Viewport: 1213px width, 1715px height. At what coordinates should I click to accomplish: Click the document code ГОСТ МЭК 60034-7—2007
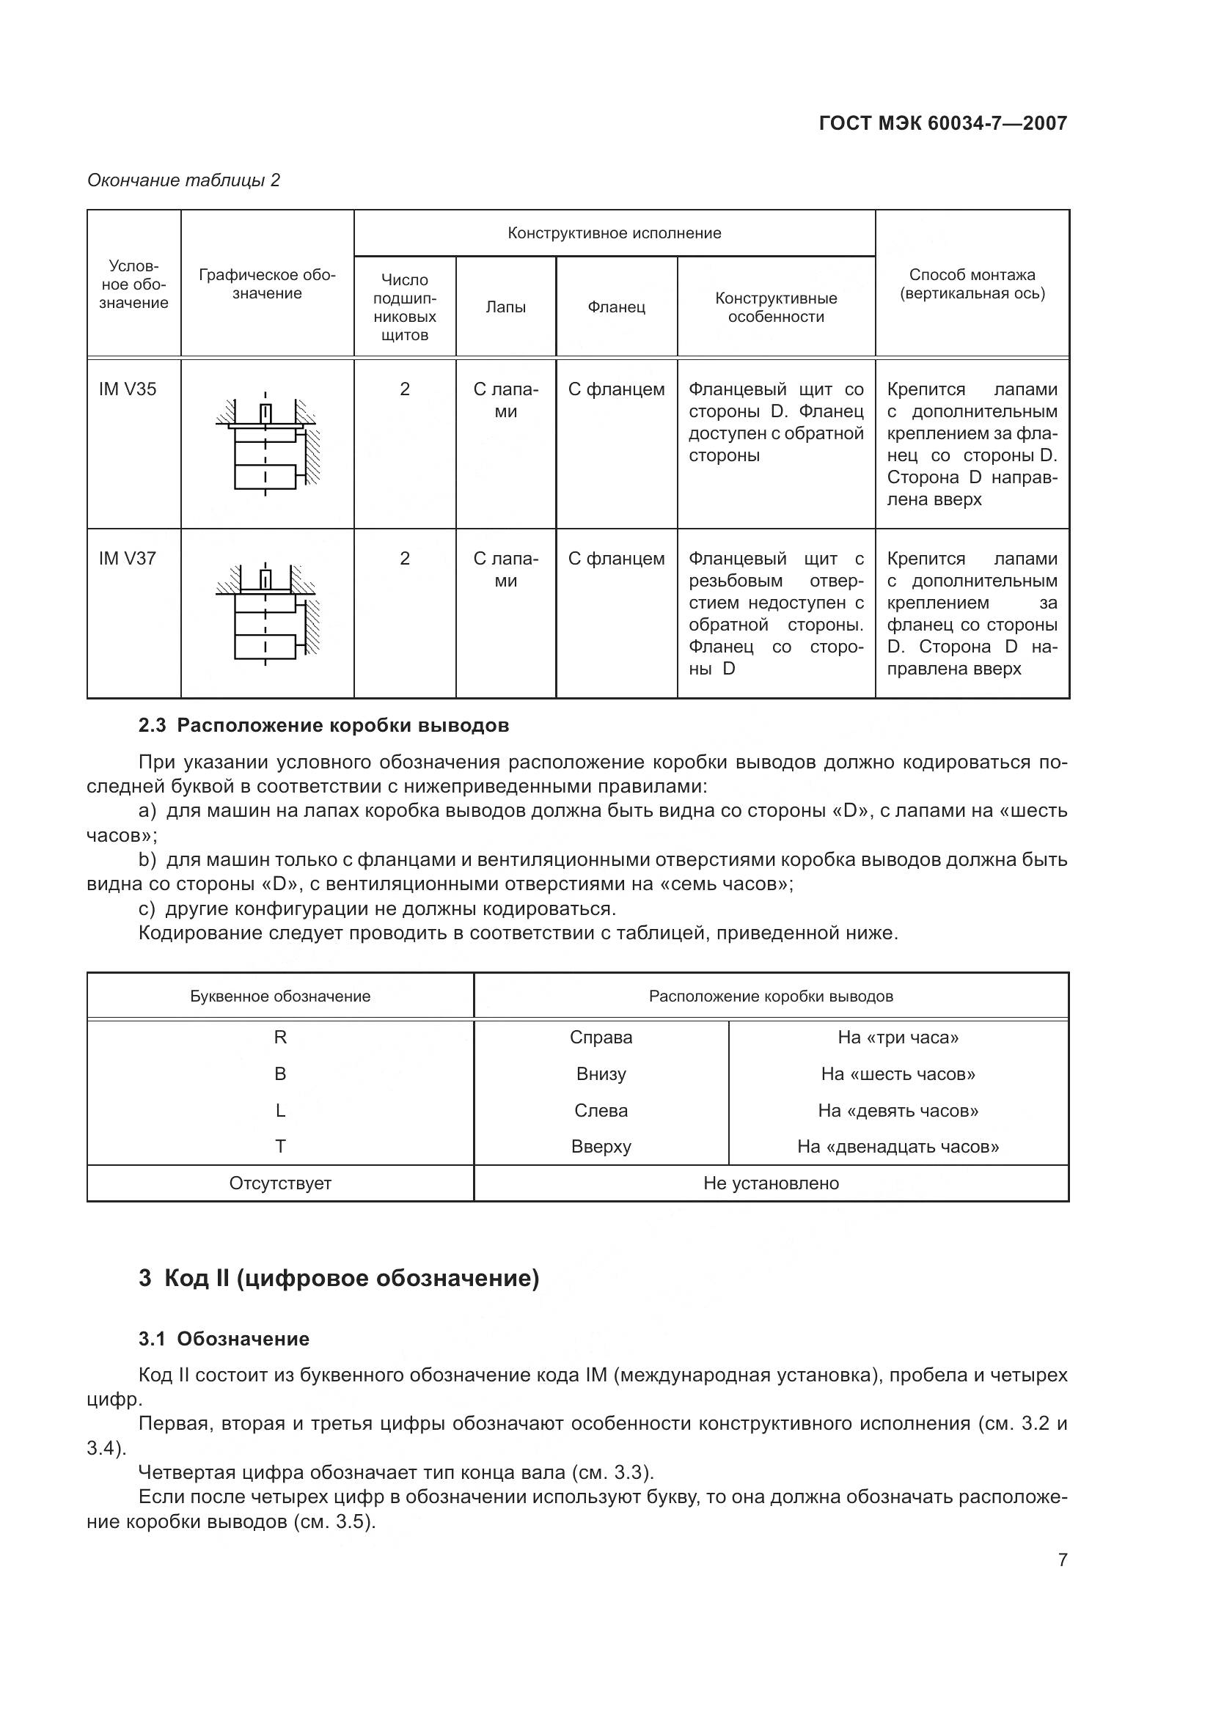coord(942,123)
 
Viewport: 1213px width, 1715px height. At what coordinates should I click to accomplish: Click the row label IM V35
coord(128,389)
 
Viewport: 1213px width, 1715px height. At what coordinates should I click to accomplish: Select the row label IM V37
coord(128,559)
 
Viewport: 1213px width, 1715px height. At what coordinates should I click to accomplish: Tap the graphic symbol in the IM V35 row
coord(267,442)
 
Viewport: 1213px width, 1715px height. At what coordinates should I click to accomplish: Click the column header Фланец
coord(616,307)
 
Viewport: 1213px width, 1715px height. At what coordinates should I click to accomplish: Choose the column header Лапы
coord(506,307)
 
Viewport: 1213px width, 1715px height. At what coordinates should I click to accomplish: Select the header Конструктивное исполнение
coord(614,233)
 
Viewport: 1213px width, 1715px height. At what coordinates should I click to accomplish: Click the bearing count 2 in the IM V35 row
coord(405,389)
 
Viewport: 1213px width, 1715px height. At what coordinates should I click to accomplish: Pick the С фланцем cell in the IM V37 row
coord(616,559)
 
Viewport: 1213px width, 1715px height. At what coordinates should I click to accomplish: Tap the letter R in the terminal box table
coord(280,1038)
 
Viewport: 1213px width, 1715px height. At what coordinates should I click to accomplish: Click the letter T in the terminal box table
coord(280,1147)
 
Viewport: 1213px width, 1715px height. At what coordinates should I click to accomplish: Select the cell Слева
coord(601,1111)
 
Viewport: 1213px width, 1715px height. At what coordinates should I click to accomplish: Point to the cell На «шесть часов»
coord(898,1074)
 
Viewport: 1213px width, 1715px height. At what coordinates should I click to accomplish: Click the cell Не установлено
coord(771,1183)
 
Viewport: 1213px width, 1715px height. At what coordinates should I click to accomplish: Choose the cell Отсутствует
coord(280,1183)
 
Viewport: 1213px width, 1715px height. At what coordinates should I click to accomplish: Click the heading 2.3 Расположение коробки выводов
coord(323,725)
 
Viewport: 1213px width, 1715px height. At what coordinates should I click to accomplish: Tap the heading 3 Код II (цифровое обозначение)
coord(338,1278)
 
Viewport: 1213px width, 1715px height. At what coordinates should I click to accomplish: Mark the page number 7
coord(1062,1560)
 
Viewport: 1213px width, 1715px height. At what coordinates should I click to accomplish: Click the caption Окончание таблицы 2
coord(184,180)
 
